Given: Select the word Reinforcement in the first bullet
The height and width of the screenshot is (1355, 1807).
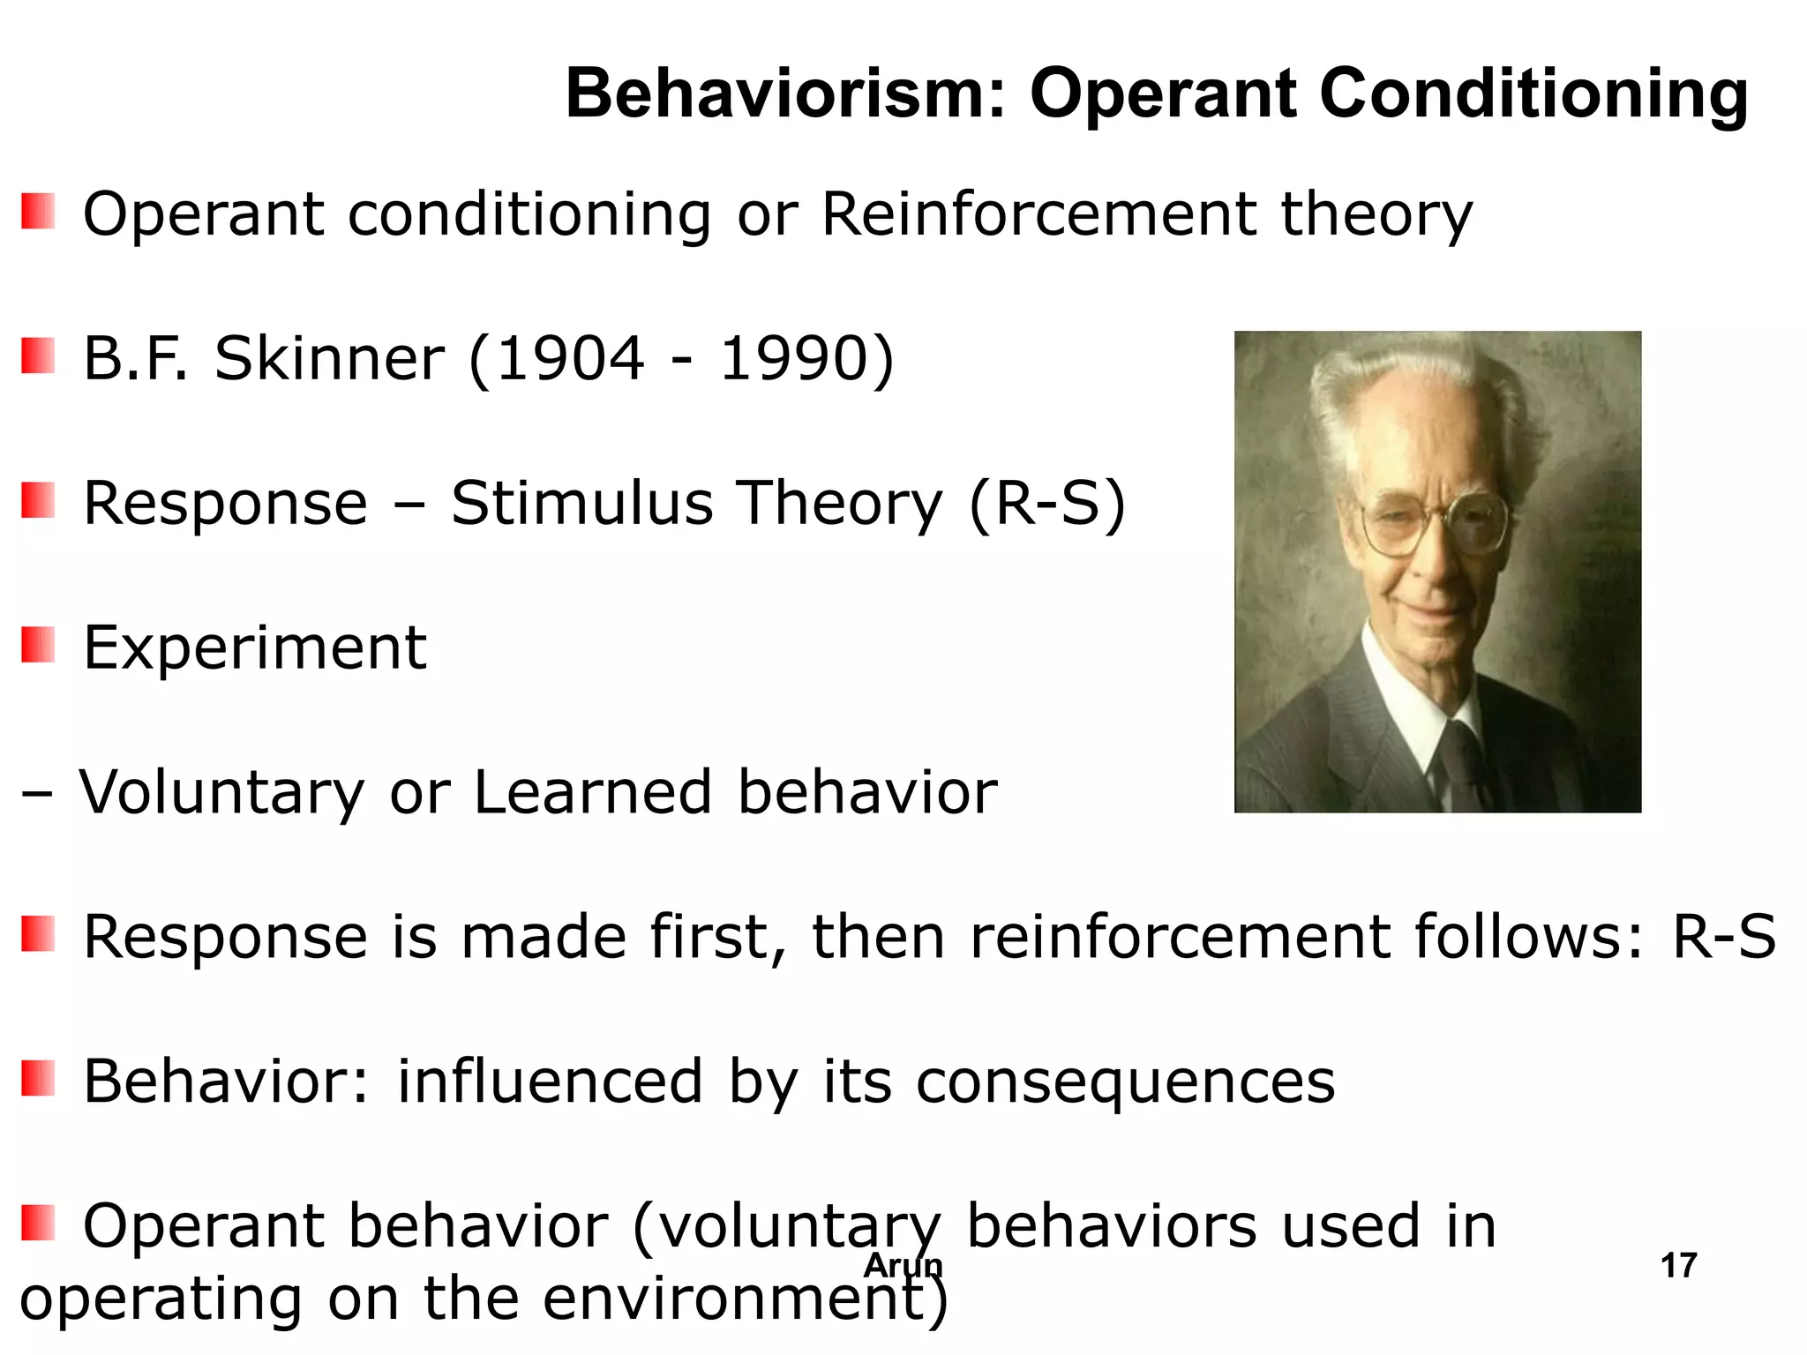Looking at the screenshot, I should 1038,214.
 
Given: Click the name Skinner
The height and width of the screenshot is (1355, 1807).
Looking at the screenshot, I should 329,359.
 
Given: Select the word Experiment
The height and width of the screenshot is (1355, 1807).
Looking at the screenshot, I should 255,648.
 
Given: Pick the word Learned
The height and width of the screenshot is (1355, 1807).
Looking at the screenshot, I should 592,791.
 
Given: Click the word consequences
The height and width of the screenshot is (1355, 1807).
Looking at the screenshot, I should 1125,1082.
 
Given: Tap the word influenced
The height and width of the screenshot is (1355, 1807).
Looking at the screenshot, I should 549,1082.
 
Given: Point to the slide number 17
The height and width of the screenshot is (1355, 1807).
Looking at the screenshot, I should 1678,1266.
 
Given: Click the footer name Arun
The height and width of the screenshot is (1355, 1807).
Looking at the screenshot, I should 903,1266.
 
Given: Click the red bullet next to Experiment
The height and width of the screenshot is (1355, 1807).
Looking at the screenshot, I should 38,645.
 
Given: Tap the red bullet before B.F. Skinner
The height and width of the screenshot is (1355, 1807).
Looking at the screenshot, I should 38,356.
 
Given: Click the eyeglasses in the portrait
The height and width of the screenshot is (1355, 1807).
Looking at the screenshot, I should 1434,525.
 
